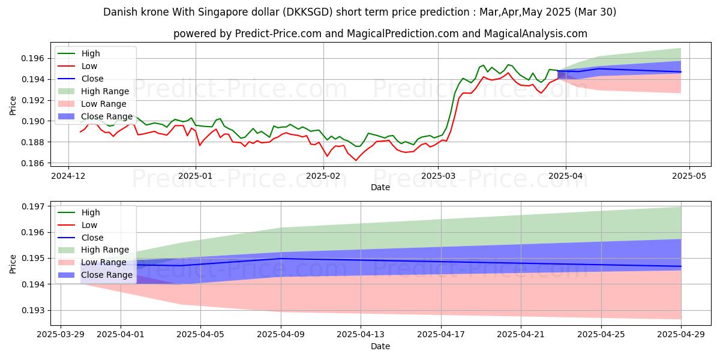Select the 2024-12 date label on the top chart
68,176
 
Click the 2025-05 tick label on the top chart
689,176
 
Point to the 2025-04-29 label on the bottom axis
681,335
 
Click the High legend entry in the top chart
91,54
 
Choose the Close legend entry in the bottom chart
92,238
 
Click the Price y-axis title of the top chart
13,105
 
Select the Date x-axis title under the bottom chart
380,346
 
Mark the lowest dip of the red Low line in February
355,160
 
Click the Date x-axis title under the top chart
380,187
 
